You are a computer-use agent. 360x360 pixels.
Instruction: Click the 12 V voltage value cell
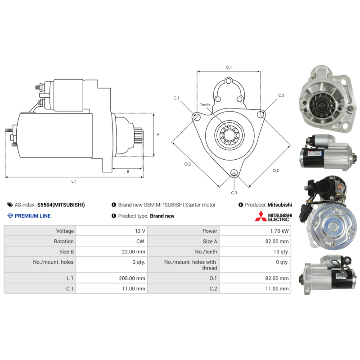coord(140,231)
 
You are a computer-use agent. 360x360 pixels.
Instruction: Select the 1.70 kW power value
coord(279,231)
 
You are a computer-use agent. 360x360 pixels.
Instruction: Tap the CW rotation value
coord(140,241)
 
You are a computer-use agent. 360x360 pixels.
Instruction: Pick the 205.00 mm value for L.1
coord(132,278)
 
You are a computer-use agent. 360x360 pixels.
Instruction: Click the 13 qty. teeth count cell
coord(281,252)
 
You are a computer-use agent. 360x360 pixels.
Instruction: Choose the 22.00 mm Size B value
coord(133,252)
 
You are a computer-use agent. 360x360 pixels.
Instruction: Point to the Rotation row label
coord(64,241)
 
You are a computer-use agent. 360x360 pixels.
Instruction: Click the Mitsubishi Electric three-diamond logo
coord(261,216)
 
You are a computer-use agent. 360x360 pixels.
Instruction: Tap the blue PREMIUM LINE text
coord(32,216)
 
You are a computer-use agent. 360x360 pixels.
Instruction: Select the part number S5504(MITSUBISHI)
coord(61,205)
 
